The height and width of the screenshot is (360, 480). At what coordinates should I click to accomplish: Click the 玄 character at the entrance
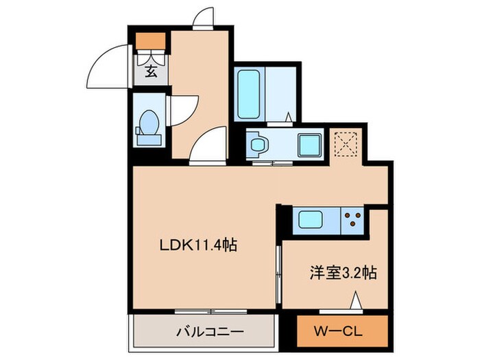149,70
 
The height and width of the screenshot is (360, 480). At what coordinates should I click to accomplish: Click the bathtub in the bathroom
249,94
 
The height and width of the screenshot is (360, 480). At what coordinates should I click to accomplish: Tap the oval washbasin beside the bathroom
259,145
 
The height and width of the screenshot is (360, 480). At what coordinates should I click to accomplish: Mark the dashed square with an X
343,144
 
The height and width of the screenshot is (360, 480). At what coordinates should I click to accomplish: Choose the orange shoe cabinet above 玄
150,43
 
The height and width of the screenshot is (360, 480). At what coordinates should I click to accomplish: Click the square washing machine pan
308,145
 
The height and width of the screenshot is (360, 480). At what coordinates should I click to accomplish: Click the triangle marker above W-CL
356,300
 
